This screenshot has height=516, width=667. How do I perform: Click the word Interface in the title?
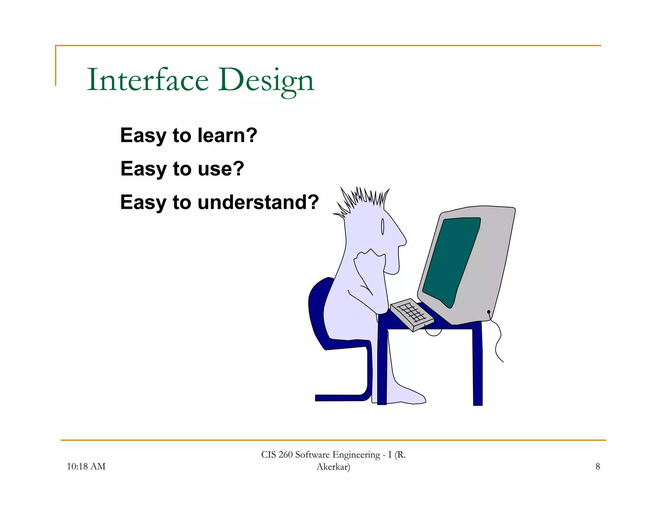147,80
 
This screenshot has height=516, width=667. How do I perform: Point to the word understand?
258,202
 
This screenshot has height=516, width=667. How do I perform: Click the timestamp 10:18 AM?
86,466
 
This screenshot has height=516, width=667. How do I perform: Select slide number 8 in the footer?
598,466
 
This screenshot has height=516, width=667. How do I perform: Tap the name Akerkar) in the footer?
333,467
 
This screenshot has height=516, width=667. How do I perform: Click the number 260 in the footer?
285,455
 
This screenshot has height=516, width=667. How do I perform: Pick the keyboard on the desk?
412,314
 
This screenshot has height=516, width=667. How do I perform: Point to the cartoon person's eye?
383,226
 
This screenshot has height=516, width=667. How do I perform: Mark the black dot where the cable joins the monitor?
489,312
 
